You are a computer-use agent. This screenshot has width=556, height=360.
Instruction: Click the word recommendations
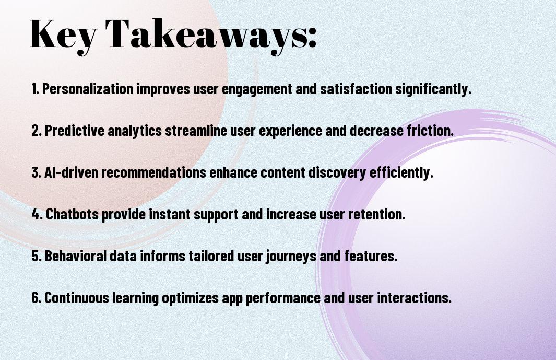pyautogui.click(x=154, y=172)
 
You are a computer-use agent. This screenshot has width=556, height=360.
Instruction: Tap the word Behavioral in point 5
pyautogui.click(x=76, y=256)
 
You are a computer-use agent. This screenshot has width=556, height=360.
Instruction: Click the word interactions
pyautogui.click(x=414, y=298)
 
